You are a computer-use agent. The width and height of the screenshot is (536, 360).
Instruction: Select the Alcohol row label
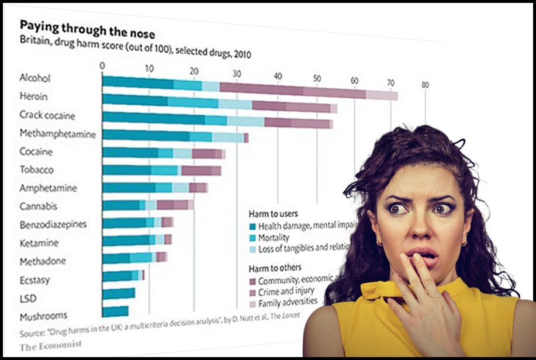pos(34,78)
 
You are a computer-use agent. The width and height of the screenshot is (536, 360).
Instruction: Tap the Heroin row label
pos(33,96)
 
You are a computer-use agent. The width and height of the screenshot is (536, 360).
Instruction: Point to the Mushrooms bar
pos(115,311)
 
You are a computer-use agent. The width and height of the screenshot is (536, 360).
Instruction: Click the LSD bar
pos(119,293)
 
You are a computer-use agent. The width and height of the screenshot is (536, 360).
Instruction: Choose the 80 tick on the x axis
pos(425,85)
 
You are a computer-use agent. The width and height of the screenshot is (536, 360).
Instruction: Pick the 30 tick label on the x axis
pos(237,74)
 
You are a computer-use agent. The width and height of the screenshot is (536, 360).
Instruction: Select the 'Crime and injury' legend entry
pos(286,291)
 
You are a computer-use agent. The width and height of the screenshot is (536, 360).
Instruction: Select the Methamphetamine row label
pos(57,133)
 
